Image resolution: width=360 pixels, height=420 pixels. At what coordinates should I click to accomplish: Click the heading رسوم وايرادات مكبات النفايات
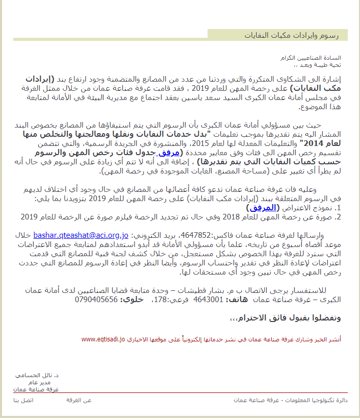[x=301, y=35]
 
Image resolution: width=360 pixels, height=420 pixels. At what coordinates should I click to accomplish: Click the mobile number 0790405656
[x=96, y=299]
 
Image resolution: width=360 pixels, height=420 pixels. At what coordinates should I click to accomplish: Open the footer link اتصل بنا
[x=23, y=400]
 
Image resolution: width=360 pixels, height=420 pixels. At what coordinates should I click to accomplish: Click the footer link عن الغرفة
[x=79, y=400]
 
